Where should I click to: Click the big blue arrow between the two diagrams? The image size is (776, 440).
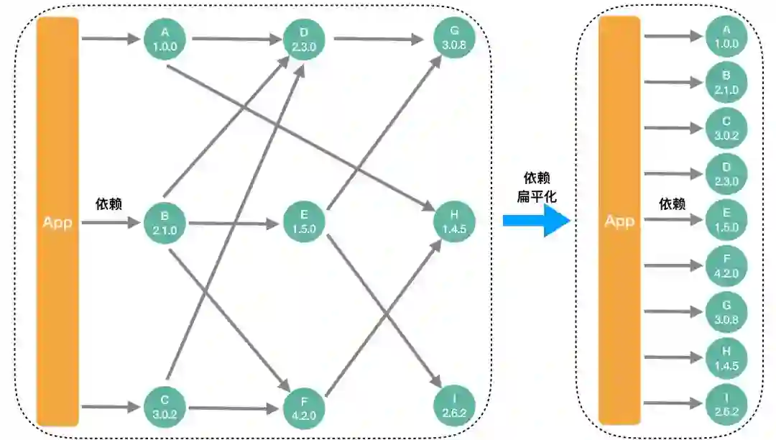pos(535,219)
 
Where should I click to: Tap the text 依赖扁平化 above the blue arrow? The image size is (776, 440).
pos(537,187)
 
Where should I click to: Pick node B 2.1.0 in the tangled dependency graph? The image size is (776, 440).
pos(165,223)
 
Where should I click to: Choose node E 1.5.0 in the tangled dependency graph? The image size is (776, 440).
pos(304,222)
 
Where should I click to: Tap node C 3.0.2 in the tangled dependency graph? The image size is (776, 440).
pos(165,407)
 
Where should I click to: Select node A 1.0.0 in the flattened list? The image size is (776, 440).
pos(726,37)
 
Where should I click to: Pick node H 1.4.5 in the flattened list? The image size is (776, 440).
pos(726,357)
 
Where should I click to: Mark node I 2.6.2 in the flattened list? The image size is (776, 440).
pos(726,403)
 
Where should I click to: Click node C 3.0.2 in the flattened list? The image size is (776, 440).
pos(726,128)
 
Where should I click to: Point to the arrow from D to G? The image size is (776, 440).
pos(379,39)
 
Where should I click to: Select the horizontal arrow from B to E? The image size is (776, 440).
pos(234,224)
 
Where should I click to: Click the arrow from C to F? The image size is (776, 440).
pos(234,408)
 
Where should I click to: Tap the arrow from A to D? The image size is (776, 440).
pos(234,39)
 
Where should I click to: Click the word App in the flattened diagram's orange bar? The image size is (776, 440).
pos(619,221)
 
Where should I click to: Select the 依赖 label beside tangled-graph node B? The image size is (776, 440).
pos(108,204)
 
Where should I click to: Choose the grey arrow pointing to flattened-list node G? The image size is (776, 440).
pos(673,311)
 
